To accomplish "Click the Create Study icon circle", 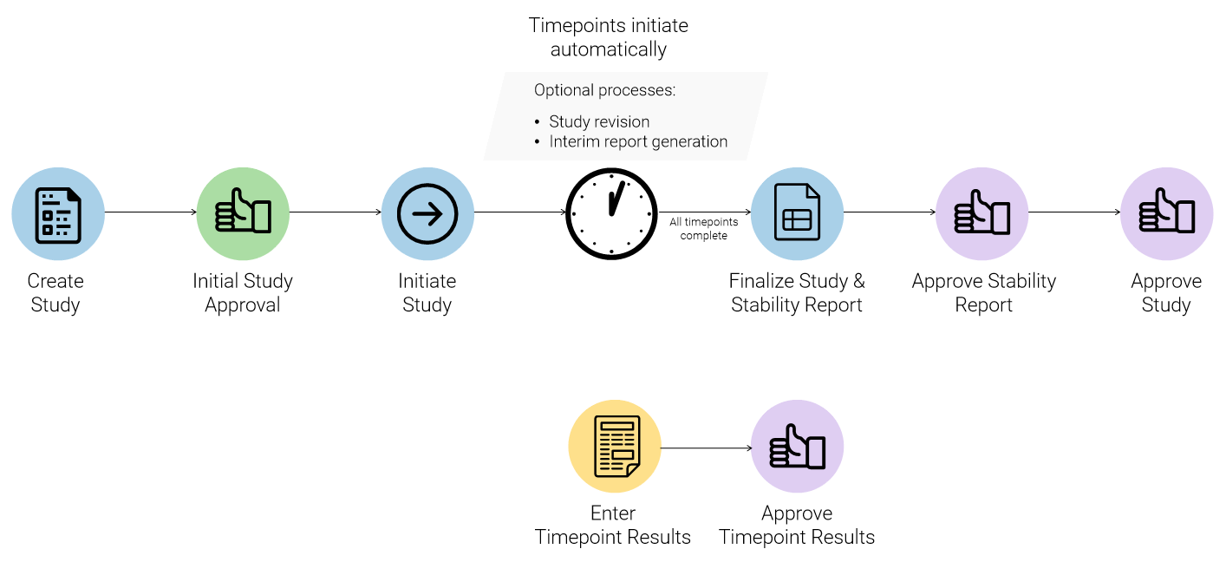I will (x=58, y=213).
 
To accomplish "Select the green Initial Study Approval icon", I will (x=243, y=213).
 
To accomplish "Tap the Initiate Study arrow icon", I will (x=427, y=213).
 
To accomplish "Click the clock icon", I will (x=611, y=213).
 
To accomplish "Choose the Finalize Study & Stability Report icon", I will (x=797, y=213).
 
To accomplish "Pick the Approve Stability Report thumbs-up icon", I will (x=982, y=213).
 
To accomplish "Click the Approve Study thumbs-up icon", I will (x=1166, y=213).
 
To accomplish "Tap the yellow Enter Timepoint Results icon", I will (x=615, y=447).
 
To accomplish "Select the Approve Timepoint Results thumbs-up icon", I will (x=797, y=447).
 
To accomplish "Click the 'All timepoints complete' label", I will (x=703, y=229).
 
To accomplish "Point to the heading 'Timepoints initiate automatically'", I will (x=609, y=37).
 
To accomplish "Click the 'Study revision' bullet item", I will (x=599, y=121).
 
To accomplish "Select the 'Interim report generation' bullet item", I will (x=638, y=141).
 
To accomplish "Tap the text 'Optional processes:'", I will (x=604, y=90).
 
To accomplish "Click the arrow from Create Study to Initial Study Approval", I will (x=151, y=212).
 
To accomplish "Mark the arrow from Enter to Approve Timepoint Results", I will (x=706, y=448).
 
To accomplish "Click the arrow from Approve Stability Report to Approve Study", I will (x=1074, y=212).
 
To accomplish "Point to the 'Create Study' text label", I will (x=55, y=293).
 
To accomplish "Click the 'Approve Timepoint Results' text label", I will (x=797, y=526).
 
